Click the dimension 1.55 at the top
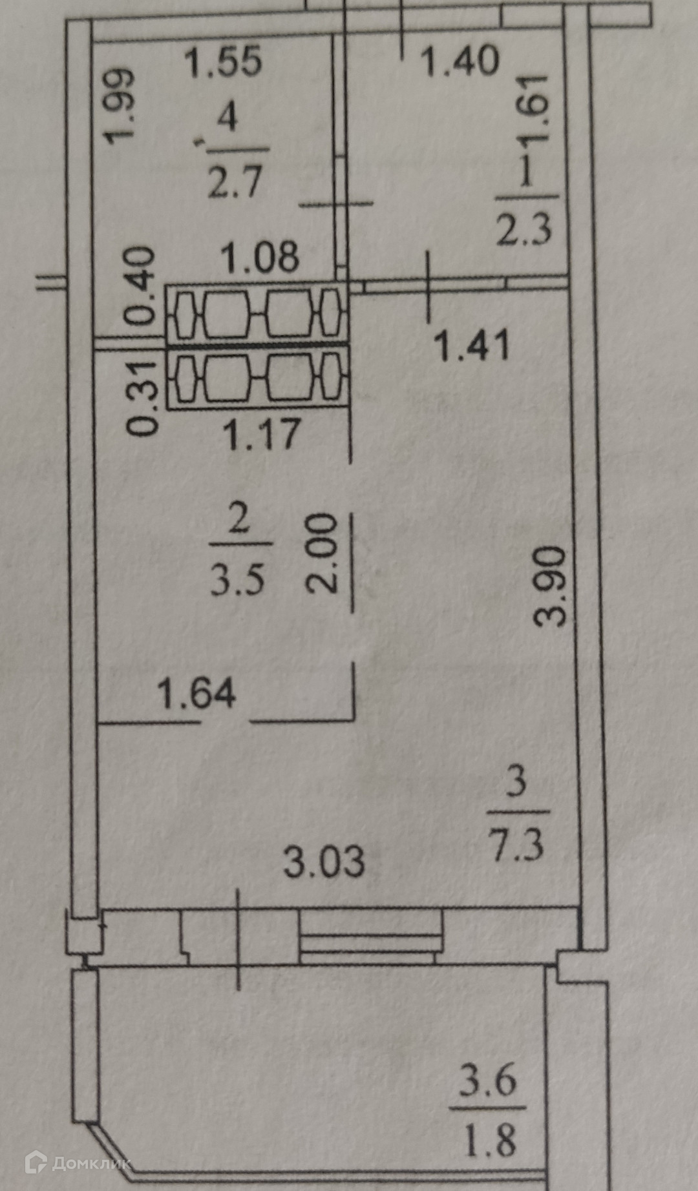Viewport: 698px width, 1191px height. coord(223,62)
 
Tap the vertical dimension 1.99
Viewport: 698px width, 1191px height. coord(122,105)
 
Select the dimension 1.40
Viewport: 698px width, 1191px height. coord(460,62)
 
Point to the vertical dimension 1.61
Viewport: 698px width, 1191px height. coord(534,109)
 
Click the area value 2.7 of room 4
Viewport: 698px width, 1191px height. coord(235,181)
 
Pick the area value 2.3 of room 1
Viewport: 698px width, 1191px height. coord(523,230)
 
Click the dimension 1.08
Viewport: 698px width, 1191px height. coord(260,257)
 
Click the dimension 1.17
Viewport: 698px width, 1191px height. coord(261,433)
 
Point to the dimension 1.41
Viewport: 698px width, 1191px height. coord(472,346)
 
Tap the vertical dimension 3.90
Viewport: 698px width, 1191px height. coord(551,586)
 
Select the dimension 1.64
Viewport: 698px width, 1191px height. coord(197,694)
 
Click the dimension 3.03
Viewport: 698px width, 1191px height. coord(324,862)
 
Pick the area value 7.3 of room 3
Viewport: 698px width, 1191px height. coord(516,844)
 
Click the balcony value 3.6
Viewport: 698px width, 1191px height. coord(488,1081)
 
